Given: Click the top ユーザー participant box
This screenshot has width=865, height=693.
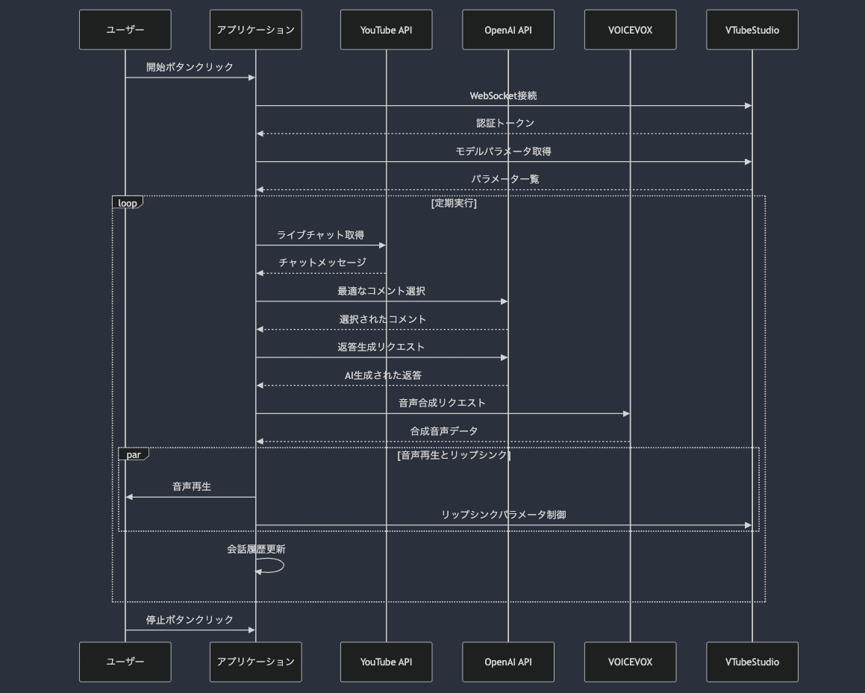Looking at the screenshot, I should (125, 30).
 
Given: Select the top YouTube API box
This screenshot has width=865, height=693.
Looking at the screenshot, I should (386, 30).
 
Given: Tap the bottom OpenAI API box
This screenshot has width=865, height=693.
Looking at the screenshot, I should (508, 662).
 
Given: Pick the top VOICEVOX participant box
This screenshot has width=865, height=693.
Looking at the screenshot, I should (630, 30).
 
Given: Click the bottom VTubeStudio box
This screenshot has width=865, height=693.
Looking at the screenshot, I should (752, 662).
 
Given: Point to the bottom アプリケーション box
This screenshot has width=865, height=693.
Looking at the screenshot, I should (255, 662).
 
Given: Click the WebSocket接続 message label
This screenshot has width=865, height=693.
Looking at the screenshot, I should (503, 95).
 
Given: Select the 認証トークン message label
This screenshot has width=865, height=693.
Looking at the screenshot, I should (505, 123).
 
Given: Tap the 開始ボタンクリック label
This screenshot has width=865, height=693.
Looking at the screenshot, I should (190, 67).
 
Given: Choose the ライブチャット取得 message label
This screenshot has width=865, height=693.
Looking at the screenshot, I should (320, 235).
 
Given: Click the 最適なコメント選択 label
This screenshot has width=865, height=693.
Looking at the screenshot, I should (381, 291).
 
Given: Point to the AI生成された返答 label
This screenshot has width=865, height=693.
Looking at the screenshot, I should (383, 375).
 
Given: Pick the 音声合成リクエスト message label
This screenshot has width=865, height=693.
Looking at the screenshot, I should (442, 403).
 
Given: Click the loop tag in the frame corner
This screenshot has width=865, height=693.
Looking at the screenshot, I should (128, 203).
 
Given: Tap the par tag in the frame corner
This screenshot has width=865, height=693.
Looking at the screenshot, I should (134, 454).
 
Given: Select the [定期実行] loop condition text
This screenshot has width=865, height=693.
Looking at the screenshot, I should (454, 203).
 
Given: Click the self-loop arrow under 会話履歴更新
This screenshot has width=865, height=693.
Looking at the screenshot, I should (273, 566).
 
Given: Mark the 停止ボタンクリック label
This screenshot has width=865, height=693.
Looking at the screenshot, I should (190, 620).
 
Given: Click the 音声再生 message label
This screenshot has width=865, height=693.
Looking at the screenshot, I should (192, 486).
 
